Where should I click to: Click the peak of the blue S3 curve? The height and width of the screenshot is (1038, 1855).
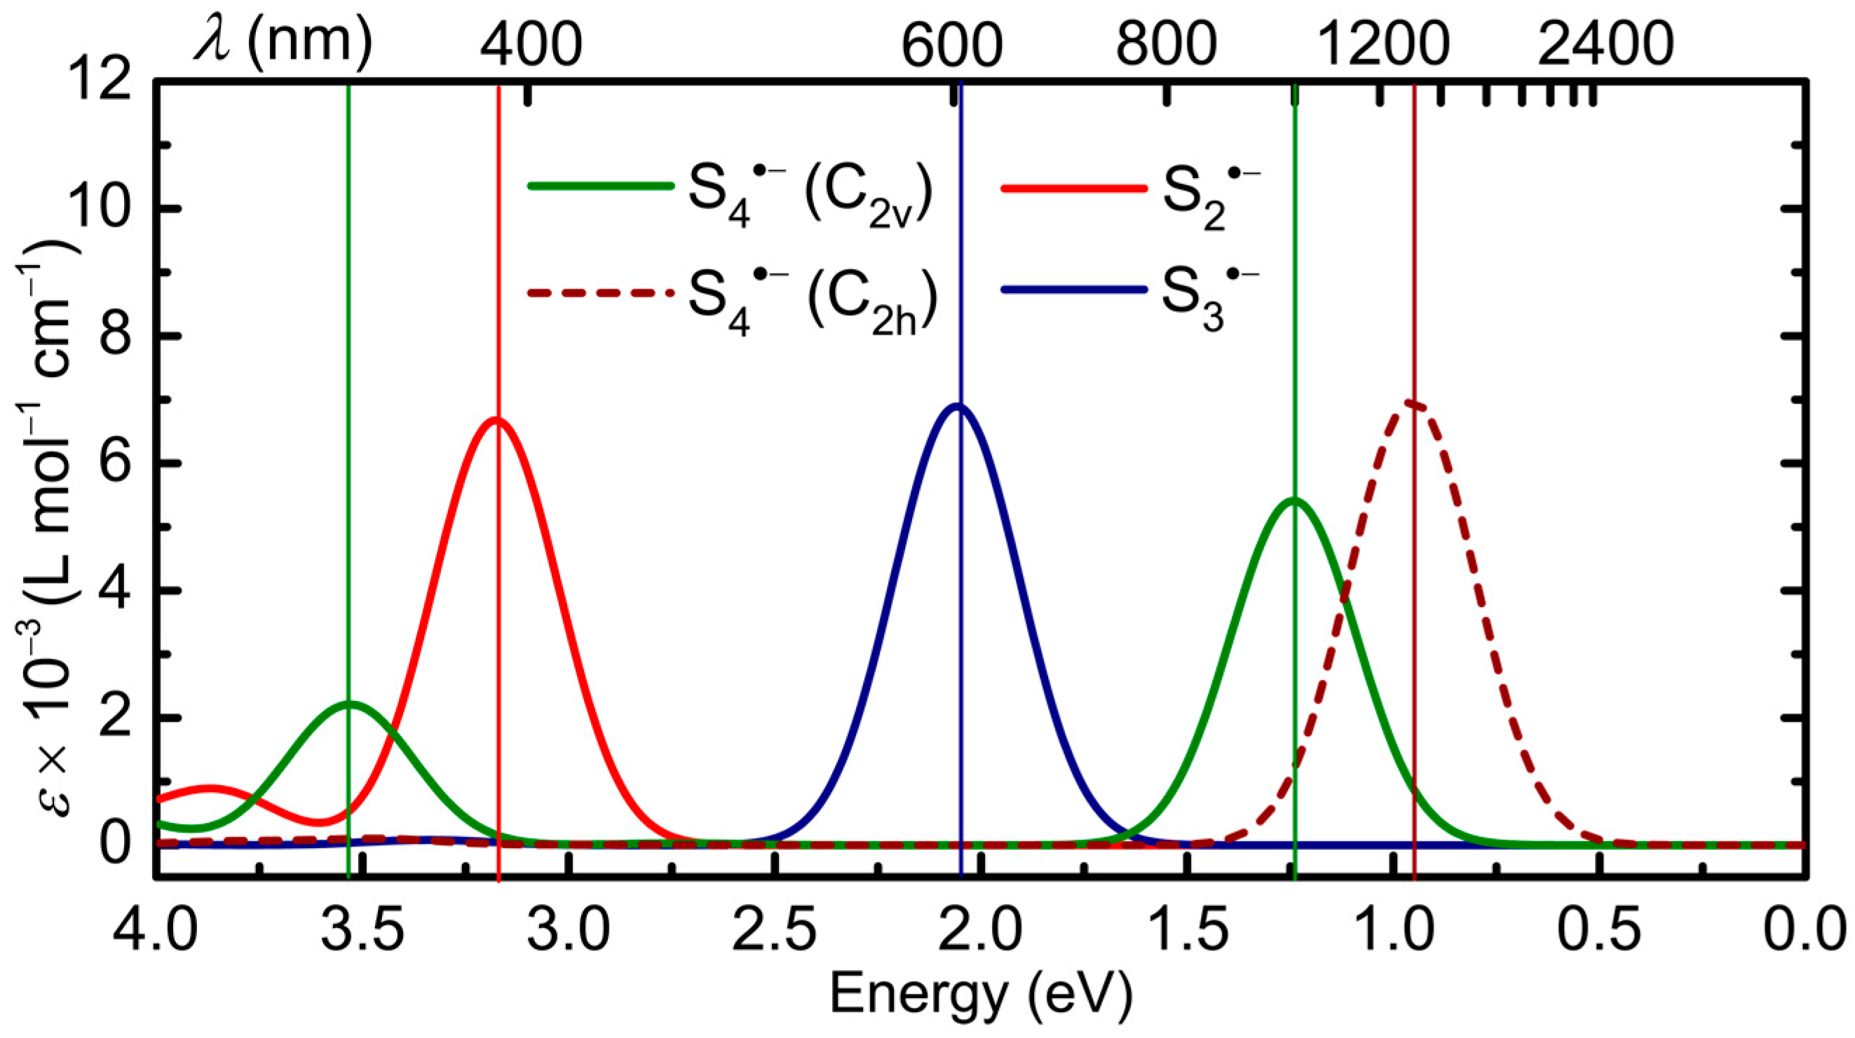tap(957, 405)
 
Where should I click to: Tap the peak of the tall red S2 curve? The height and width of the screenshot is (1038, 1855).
tap(496, 419)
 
